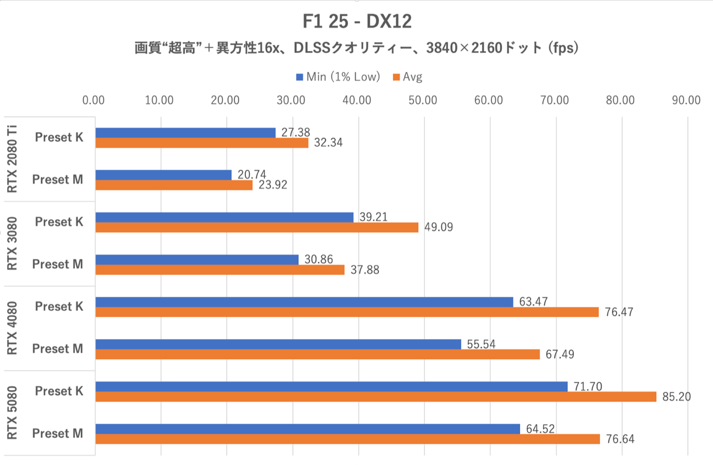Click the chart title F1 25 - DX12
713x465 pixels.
click(357, 21)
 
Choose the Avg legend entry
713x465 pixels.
click(408, 77)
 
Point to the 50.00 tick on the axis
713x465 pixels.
click(422, 100)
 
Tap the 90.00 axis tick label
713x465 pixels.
click(686, 100)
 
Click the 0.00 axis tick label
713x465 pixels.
click(93, 100)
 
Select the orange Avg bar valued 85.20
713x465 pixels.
click(375, 397)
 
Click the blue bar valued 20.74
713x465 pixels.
click(163, 175)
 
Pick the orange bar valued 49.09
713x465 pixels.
click(257, 227)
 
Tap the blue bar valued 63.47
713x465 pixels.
click(304, 302)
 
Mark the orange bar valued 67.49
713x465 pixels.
click(318, 355)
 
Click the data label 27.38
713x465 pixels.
click(295, 132)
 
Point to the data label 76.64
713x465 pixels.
click(620, 439)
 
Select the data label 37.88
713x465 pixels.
click(365, 270)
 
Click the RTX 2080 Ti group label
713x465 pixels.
click(12, 159)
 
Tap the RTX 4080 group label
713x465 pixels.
click(12, 328)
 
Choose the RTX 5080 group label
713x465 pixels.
click(12, 413)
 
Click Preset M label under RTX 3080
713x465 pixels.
click(57, 264)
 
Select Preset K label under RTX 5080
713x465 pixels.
click(59, 391)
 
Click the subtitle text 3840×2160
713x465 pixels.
click(464, 48)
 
